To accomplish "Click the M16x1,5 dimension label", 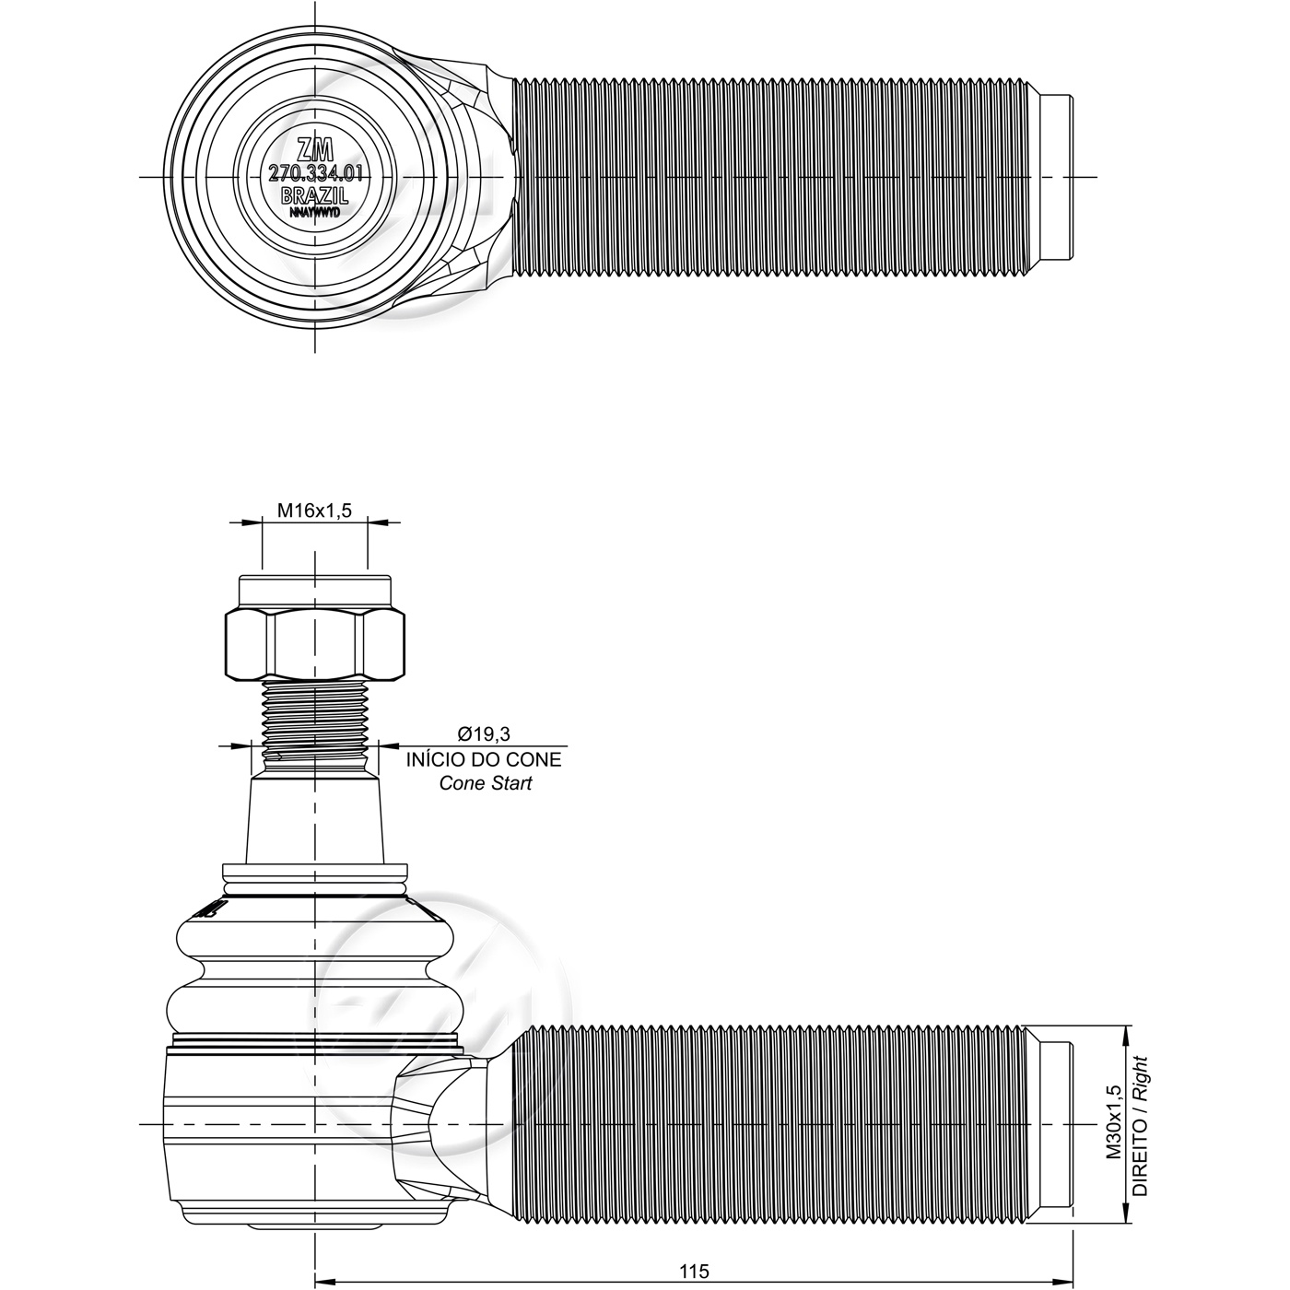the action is [314, 510].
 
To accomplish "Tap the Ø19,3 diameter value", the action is [484, 734].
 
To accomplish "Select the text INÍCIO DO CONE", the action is [484, 760].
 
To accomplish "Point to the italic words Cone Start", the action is [486, 783].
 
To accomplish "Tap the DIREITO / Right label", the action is [1140, 1126].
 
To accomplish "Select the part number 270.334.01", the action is [315, 174].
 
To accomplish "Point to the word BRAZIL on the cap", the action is [314, 195].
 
